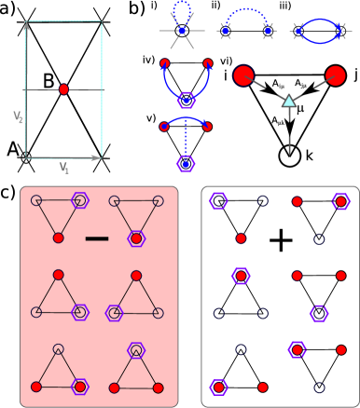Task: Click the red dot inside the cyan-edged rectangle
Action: click(x=63, y=89)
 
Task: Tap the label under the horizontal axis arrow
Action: click(x=64, y=168)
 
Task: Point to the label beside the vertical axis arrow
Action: click(x=18, y=117)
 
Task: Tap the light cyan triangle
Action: click(x=289, y=101)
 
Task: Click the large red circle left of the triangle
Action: click(x=243, y=75)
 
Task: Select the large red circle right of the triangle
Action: click(x=336, y=75)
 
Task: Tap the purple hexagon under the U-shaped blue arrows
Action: click(x=186, y=100)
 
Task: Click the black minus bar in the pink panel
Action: click(x=97, y=238)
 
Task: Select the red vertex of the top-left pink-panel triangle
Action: click(x=58, y=238)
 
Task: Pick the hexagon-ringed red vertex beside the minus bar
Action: click(x=136, y=238)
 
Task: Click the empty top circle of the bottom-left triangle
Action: click(x=58, y=349)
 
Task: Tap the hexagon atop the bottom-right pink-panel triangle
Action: click(x=136, y=349)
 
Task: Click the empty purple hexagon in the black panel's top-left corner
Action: click(x=218, y=200)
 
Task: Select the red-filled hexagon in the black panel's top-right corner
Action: click(x=341, y=201)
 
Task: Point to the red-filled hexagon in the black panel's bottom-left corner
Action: click(x=218, y=387)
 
